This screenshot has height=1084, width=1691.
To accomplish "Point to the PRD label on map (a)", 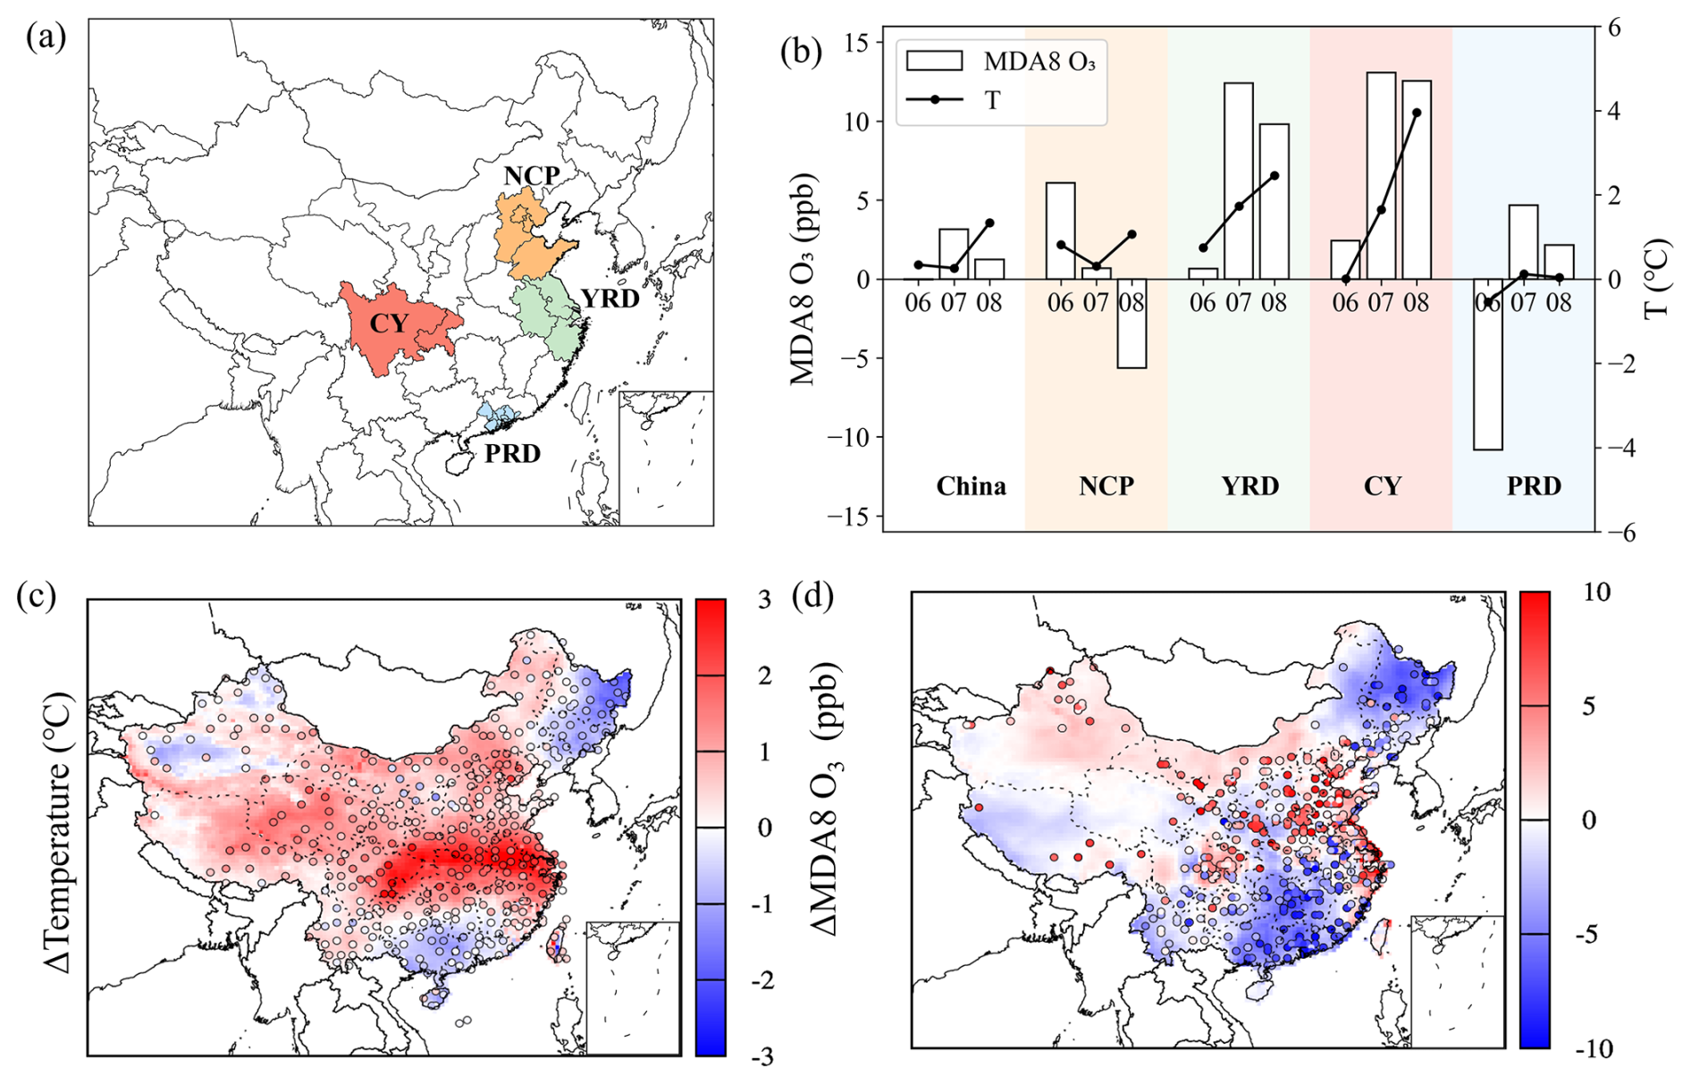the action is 512,454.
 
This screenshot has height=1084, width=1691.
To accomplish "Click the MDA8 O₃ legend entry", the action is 1000,61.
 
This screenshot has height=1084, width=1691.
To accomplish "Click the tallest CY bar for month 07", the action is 1381,175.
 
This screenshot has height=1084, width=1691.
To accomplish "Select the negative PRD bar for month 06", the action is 1488,364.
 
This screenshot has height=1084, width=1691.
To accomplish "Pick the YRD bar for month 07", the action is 1239,181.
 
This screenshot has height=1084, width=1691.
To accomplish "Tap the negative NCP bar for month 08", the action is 1132,323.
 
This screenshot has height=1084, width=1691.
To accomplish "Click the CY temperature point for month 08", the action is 1417,113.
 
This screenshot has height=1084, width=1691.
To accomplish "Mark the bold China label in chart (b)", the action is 972,486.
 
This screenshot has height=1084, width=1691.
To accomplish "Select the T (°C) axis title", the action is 1658,278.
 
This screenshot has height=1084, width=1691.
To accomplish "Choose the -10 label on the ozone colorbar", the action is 1588,1048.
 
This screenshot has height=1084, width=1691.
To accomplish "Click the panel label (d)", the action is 812,596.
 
